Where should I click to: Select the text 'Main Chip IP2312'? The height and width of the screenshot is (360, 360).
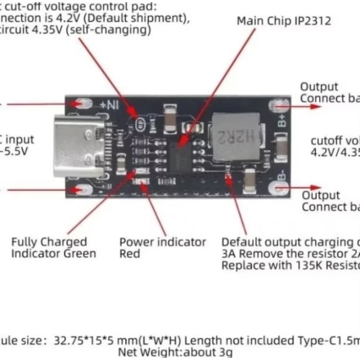click(284, 21)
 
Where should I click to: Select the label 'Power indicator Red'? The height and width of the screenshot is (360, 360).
click(162, 247)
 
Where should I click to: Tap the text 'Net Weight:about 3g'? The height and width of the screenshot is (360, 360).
click(176, 352)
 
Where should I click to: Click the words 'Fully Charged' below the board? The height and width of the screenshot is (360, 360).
click(49, 242)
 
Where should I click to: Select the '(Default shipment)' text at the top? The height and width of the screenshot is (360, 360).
click(148, 19)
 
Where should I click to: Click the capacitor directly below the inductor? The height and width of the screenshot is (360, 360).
click(250, 180)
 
